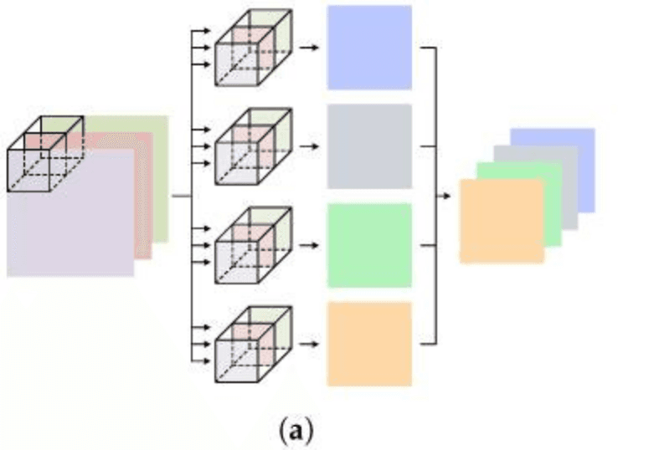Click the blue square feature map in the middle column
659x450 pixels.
(x=369, y=47)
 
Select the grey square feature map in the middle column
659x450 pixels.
(x=369, y=146)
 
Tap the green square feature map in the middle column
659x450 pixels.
(x=369, y=245)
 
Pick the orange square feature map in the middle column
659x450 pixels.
(x=369, y=344)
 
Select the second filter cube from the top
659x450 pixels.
(x=253, y=146)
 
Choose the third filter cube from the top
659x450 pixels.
(x=253, y=245)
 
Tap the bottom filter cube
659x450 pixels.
(x=253, y=344)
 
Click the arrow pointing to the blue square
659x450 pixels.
(x=310, y=47)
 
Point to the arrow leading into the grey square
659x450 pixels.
(x=310, y=146)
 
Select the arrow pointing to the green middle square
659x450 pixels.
(x=310, y=245)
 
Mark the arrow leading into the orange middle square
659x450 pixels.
(x=310, y=344)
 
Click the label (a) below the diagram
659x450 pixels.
(x=295, y=431)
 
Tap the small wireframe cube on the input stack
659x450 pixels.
(x=45, y=154)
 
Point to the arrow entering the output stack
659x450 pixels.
(x=445, y=196)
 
